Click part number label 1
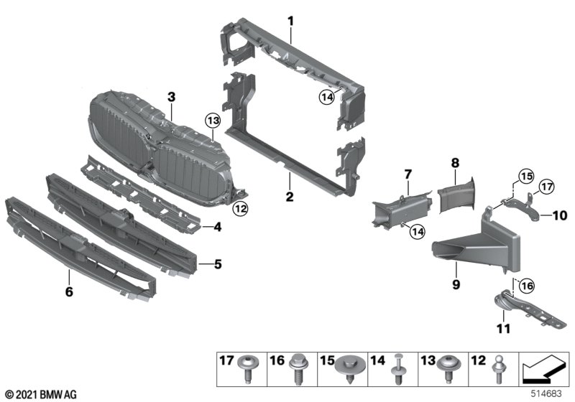point(291,22)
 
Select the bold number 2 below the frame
point(290,197)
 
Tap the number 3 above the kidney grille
point(171,97)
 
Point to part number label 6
point(69,291)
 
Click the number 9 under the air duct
point(456,284)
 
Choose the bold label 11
point(504,328)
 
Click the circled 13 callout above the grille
point(213,120)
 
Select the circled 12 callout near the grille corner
point(241,209)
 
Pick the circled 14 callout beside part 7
point(418,231)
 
